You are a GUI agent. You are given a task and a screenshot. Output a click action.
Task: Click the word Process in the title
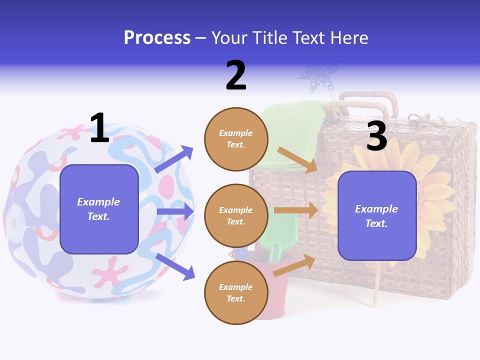[x=157, y=38]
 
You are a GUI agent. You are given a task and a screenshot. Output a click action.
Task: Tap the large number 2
[x=236, y=75]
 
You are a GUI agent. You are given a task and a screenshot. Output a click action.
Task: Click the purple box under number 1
[x=99, y=209]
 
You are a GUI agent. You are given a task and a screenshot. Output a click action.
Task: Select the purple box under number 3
[x=377, y=215]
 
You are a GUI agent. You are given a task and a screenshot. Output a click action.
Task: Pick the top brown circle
[x=236, y=139]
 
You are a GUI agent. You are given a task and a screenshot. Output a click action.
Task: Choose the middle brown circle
[x=236, y=215]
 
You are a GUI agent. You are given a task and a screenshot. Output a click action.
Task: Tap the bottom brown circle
[x=236, y=292]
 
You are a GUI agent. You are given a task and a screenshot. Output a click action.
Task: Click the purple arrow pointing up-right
[x=173, y=159]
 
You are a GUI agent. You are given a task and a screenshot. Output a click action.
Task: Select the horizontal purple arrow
[x=174, y=211]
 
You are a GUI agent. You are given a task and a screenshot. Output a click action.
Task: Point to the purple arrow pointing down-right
[x=175, y=266]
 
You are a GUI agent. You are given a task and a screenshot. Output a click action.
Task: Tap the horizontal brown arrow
[x=295, y=210]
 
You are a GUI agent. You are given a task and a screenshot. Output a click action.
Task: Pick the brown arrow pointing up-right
[x=294, y=265]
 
